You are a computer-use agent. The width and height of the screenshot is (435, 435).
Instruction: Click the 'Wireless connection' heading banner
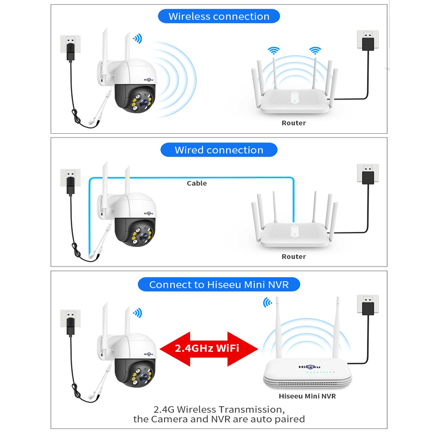pos(219,16)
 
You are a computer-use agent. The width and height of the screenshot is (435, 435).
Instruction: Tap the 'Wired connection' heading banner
pos(219,150)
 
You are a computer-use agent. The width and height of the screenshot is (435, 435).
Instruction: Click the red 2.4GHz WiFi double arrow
pos(207,348)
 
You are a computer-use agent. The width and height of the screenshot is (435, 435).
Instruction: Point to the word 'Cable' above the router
pos(197,183)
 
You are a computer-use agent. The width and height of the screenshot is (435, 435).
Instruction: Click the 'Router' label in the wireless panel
pos(294,123)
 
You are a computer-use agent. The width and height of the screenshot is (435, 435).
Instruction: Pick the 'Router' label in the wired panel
pos(294,257)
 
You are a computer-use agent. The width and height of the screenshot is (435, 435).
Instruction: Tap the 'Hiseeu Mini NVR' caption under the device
pos(307,396)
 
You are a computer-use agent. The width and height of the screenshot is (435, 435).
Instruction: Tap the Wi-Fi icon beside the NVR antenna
pos(268,302)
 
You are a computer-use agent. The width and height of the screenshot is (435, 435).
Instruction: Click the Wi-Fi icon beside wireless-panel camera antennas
pos(138,39)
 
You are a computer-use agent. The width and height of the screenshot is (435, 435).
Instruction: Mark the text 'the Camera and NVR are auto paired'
pos(219,419)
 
